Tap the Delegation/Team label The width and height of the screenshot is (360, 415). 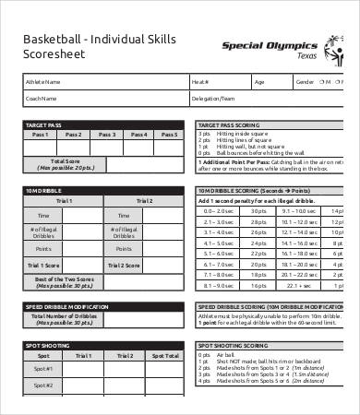pyautogui.click(x=212, y=98)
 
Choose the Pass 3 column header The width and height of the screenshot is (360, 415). pyautogui.click(x=106, y=135)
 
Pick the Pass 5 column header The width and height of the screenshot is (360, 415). pyautogui.click(x=166, y=135)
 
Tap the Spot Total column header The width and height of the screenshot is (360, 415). pyautogui.click(x=166, y=355)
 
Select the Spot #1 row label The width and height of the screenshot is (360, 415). pyautogui.click(x=43, y=370)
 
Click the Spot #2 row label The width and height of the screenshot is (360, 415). pyautogui.click(x=43, y=386)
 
